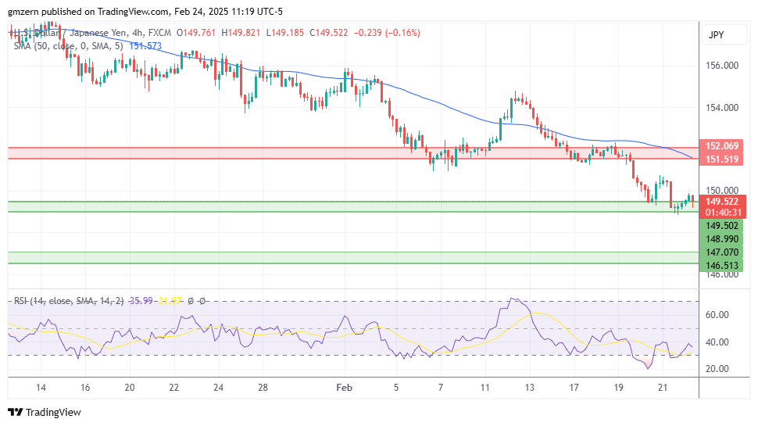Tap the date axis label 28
click(x=263, y=387)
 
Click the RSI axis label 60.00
click(x=717, y=315)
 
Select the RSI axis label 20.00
click(x=717, y=368)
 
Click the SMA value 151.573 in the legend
click(x=145, y=46)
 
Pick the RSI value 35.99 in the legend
click(x=141, y=300)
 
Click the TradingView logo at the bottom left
click(x=45, y=412)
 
